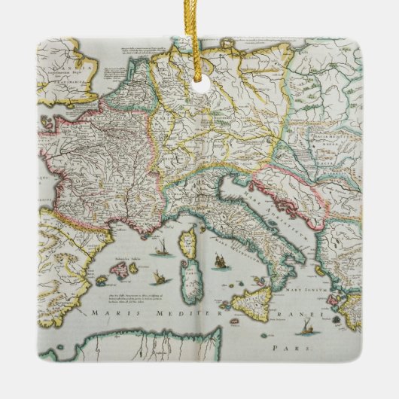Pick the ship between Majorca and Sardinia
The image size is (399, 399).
coord(155,277)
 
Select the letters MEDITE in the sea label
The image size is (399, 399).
coord(175,312)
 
